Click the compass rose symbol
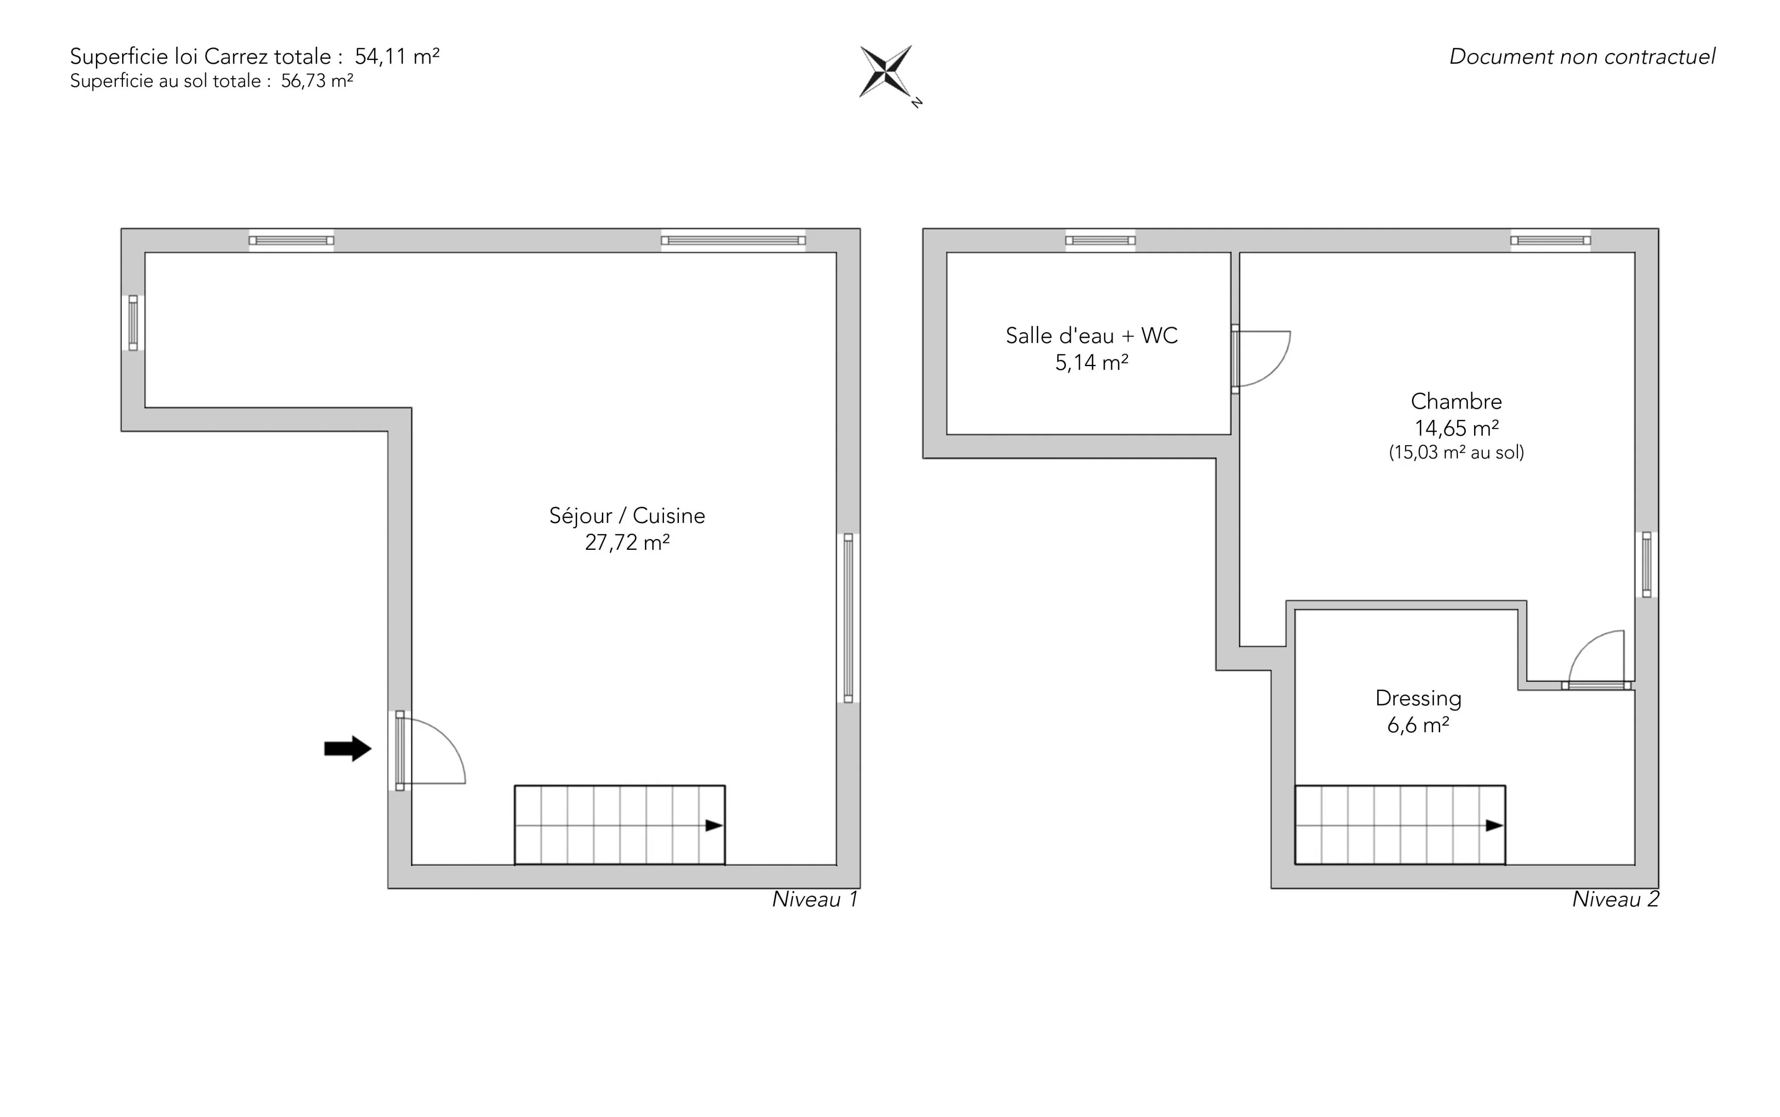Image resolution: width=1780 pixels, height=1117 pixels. [886, 72]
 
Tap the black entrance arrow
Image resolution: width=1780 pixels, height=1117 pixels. [347, 748]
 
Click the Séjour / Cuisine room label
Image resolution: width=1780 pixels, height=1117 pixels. [627, 516]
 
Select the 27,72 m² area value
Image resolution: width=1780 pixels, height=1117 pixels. [627, 542]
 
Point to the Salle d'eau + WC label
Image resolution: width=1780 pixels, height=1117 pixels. [1091, 335]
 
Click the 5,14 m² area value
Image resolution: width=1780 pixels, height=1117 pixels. [1091, 363]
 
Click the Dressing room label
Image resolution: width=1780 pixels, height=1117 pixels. [1418, 698]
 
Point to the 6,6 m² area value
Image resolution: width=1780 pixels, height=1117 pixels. [1418, 725]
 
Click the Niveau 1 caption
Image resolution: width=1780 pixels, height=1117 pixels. [814, 899]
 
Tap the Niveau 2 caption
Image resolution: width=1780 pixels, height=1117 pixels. [1615, 899]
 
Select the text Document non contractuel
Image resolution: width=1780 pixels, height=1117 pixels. [1582, 57]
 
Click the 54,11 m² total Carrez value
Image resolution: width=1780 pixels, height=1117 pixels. [397, 56]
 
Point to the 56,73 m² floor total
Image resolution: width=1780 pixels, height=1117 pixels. [316, 80]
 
